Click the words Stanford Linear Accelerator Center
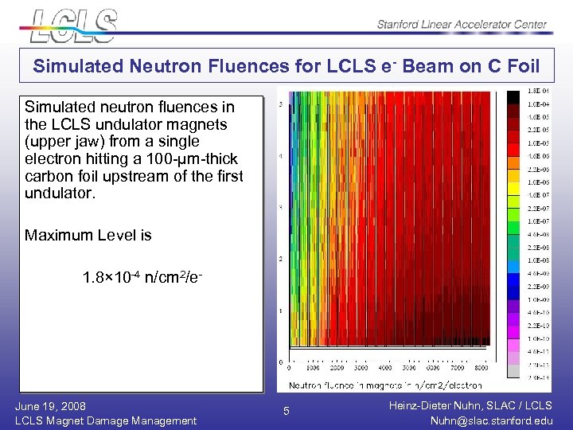[462, 25]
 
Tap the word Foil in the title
[520, 67]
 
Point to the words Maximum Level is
[88, 235]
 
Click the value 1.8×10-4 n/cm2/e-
[145, 279]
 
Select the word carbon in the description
[48, 176]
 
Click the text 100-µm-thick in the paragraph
[197, 159]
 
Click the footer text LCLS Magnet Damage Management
[106, 420]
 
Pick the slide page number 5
[287, 412]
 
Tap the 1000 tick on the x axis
[314, 369]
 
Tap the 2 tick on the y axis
[279, 260]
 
